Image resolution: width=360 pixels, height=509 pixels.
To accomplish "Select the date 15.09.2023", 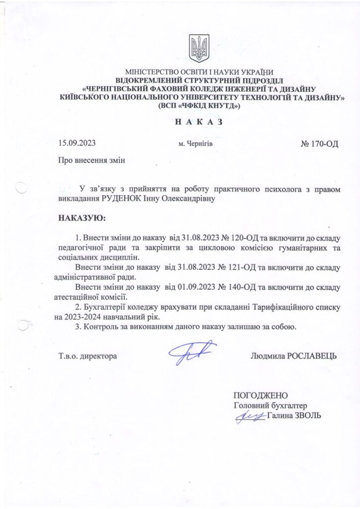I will coord(77,144).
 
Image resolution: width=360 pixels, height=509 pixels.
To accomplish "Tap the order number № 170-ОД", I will coord(320,145).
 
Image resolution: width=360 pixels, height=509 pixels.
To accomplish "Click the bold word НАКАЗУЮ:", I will coord(83,219).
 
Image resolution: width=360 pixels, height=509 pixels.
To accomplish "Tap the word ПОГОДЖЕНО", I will coord(261,396).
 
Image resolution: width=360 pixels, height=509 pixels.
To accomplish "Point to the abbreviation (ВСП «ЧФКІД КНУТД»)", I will coord(198,106).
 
